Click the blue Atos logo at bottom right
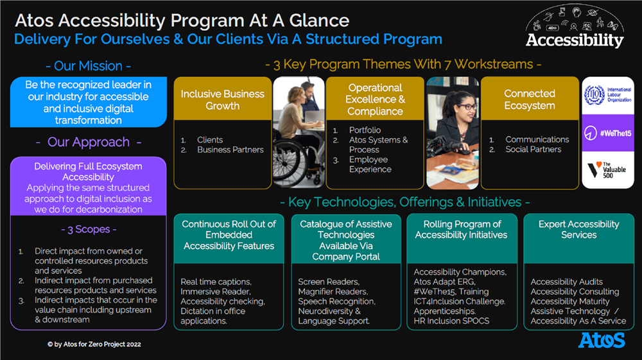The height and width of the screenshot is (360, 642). coord(602,340)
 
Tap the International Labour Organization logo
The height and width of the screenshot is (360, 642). coord(607,95)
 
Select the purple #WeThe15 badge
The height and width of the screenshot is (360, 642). coord(608,133)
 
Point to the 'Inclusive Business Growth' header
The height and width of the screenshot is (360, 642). coord(223,99)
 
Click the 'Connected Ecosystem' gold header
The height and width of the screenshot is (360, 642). coord(530,99)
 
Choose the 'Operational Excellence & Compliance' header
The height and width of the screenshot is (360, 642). coord(375,99)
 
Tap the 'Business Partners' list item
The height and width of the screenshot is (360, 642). coord(230,150)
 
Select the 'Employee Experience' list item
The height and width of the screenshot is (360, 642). coord(370,164)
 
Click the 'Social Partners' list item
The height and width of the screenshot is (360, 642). coord(533,150)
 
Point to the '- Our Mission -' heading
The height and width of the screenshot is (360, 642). coord(89,66)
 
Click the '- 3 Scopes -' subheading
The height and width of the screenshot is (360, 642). coord(89,229)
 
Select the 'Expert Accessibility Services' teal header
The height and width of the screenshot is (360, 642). coord(578,230)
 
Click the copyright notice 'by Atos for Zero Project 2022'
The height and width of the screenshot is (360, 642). coord(94,345)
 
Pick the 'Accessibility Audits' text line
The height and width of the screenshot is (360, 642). coord(566,282)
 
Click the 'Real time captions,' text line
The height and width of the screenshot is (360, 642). coord(216,282)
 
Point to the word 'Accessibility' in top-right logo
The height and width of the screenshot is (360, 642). coord(575,40)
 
